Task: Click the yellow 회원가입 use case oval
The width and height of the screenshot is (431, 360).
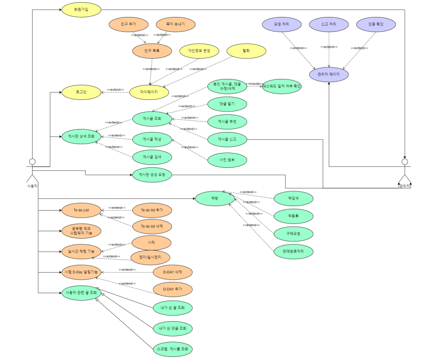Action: pos(81,10)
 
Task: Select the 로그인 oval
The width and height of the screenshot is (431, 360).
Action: pos(81,92)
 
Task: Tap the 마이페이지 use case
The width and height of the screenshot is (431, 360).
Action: pos(149,92)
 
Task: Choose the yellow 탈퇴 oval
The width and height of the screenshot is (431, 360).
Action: pos(246,51)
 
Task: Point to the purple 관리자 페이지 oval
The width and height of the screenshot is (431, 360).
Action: pos(329,74)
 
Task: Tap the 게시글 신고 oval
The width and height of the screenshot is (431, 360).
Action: pos(227,139)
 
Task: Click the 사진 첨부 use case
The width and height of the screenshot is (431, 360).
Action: pos(227,160)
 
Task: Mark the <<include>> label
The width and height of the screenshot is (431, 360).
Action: pos(254,84)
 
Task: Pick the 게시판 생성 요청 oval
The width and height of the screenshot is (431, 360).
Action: pos(152,174)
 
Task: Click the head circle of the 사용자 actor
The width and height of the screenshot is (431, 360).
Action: pos(32,161)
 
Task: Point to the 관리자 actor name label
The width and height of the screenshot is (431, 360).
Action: pos(404,186)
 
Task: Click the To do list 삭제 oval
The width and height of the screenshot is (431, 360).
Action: pos(152,226)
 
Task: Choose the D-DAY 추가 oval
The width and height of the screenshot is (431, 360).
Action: pos(172,289)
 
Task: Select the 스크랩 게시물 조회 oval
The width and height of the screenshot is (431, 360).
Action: pos(172,349)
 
